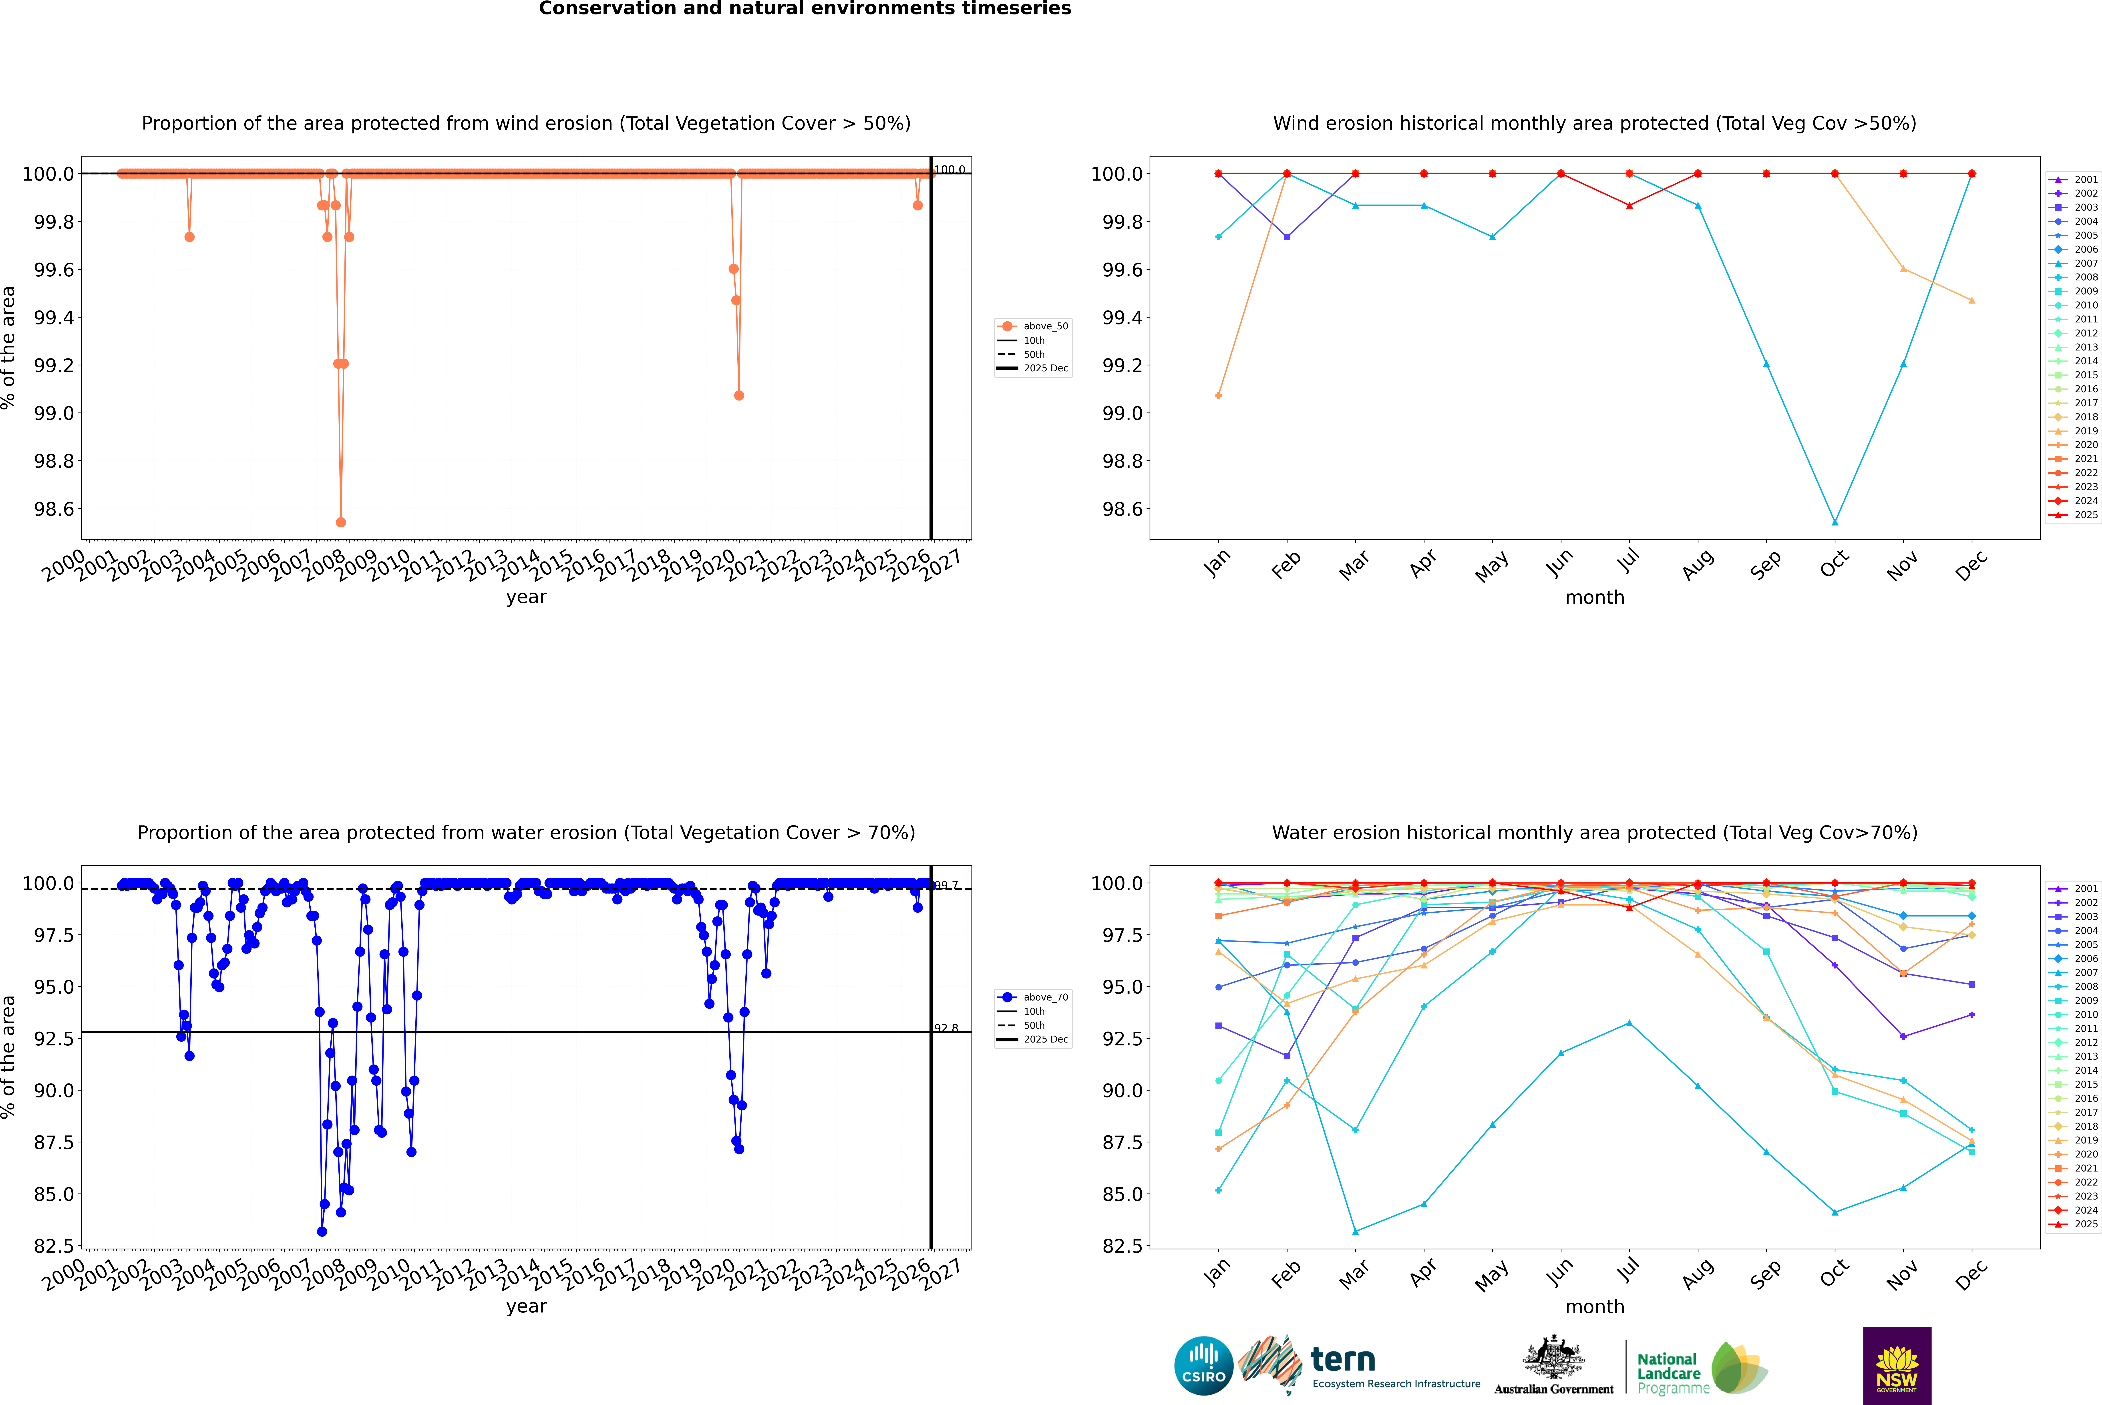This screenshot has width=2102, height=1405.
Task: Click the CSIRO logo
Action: coord(1203,1366)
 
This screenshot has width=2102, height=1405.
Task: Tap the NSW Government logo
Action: coord(1897,1366)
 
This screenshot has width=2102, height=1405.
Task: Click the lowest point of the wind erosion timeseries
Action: coord(340,522)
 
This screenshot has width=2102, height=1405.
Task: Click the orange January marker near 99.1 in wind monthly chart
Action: coord(1219,395)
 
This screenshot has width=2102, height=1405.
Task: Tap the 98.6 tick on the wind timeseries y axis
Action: coord(54,509)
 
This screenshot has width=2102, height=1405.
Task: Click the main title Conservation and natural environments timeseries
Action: coord(805,9)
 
